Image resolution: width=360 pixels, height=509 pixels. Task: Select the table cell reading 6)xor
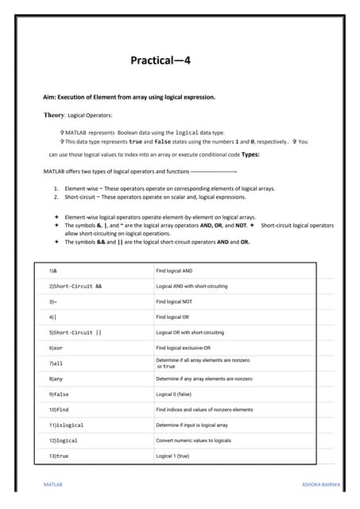(59, 348)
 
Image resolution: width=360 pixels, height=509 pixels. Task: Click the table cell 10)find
(60, 410)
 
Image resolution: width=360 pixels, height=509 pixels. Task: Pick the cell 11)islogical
(66, 425)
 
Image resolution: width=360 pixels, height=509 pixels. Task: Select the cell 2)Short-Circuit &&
(75, 286)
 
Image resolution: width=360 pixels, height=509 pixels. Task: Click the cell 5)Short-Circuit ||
(75, 332)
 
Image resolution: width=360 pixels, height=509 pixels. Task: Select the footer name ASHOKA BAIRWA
(321, 484)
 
